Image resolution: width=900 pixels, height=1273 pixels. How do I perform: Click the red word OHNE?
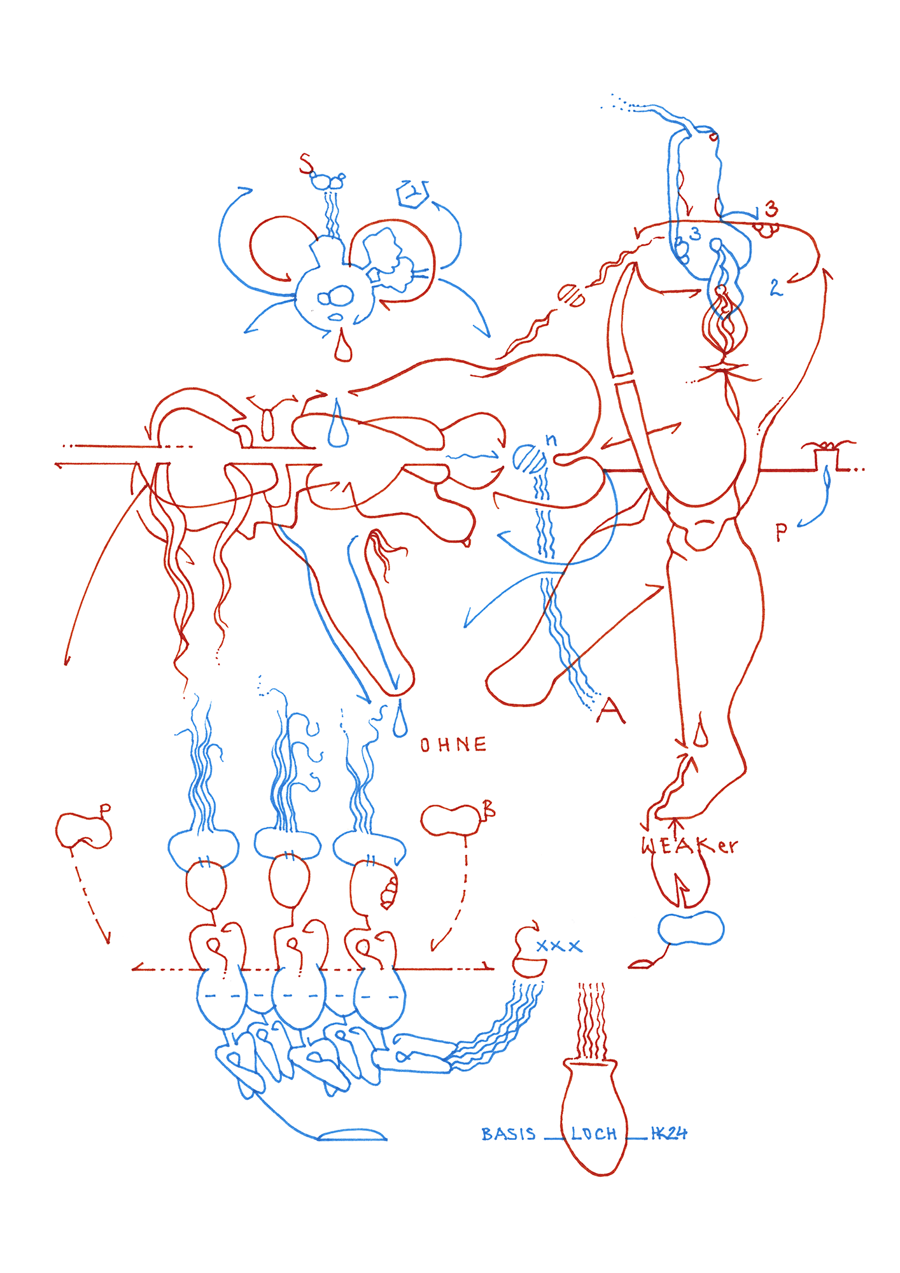(453, 744)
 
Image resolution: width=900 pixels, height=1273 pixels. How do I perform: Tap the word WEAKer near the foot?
(689, 846)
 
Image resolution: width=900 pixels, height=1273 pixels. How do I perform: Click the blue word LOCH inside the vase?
(593, 1134)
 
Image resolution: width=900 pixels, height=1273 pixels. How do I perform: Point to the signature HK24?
(668, 1133)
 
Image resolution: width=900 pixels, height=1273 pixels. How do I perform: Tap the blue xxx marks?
(558, 946)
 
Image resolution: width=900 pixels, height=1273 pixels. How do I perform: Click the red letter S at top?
(307, 164)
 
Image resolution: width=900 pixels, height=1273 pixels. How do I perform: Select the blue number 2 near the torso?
(775, 287)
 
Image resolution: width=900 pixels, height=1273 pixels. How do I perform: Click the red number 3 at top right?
(771, 209)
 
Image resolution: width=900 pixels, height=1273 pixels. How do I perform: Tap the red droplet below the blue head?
(343, 348)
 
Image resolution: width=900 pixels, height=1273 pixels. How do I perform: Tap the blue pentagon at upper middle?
(412, 193)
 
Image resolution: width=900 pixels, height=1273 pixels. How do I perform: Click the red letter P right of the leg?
(782, 531)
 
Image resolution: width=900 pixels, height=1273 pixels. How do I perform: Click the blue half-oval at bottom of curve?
(352, 1135)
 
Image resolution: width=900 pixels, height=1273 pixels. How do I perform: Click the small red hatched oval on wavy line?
(571, 295)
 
